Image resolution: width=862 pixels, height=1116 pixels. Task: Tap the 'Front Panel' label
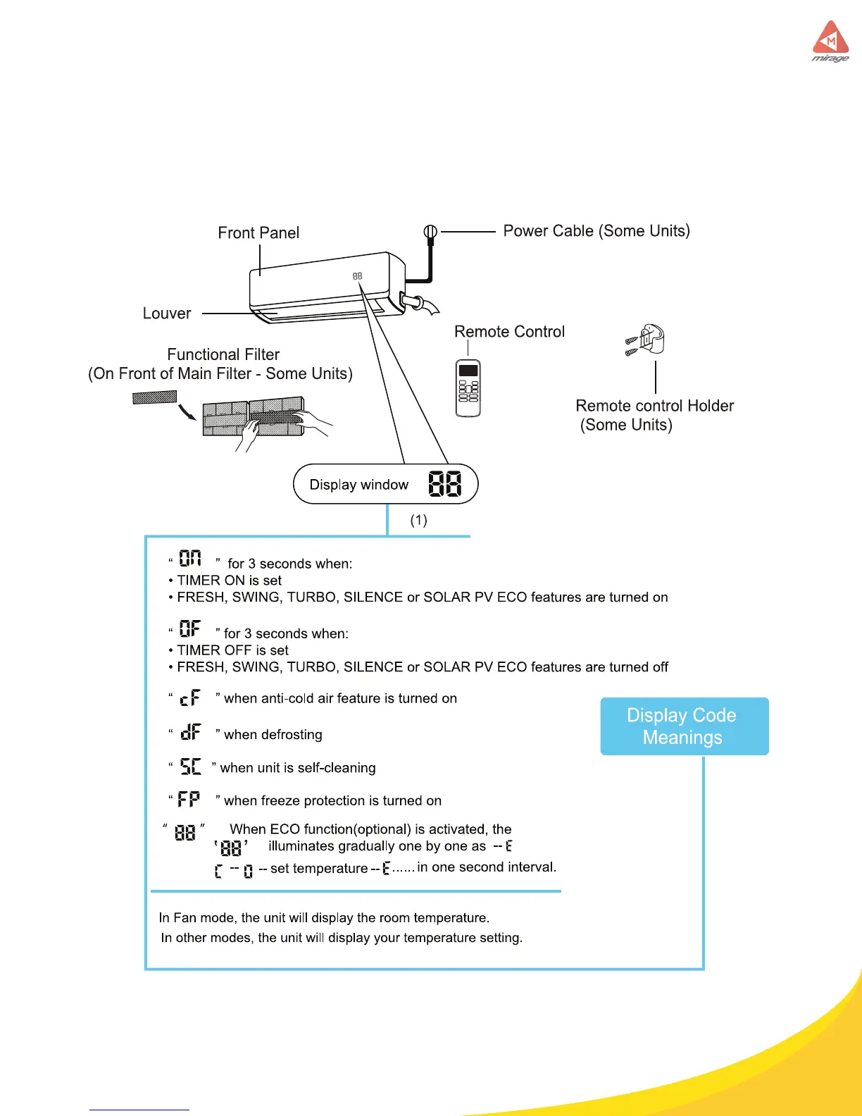(258, 232)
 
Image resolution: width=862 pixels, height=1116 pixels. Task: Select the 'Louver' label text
(167, 314)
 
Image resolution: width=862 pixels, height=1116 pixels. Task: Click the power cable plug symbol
(430, 232)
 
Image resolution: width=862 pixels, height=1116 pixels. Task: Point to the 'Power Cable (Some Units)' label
(596, 231)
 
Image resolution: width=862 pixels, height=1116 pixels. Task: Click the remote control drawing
(468, 388)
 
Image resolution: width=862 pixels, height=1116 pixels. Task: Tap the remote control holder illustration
(647, 340)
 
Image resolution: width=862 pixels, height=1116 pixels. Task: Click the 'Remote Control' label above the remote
(509, 332)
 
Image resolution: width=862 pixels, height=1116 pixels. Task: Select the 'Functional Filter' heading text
(223, 354)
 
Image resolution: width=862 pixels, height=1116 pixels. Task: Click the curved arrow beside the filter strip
(187, 410)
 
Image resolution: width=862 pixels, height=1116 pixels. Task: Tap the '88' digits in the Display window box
(444, 484)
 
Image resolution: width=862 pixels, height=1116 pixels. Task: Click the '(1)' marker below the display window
(418, 520)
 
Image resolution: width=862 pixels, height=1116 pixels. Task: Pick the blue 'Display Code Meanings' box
(684, 726)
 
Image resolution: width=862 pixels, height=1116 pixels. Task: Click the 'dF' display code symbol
(190, 732)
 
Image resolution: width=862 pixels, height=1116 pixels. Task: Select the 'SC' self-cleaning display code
(190, 766)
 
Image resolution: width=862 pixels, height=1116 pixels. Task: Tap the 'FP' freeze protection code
(189, 799)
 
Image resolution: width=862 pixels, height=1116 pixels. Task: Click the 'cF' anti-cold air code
(190, 697)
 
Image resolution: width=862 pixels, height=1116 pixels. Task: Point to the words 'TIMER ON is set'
(230, 581)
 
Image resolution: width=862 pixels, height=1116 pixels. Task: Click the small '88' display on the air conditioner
(357, 276)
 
